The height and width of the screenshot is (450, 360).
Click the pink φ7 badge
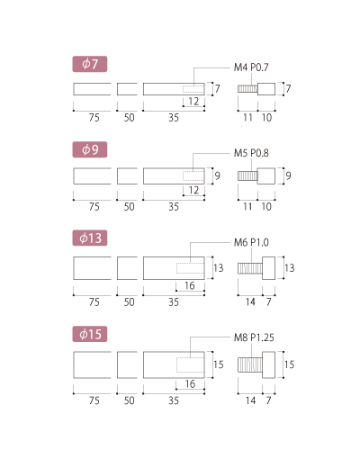90,64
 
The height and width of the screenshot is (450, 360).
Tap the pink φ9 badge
90,149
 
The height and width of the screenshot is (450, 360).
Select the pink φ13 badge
90,238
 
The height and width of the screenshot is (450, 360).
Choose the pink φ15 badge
90,334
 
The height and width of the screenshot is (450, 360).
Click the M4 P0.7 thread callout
251,67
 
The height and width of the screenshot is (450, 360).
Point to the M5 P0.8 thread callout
251,153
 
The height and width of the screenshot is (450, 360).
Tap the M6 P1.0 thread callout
251,242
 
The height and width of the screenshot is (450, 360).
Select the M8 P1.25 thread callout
254,337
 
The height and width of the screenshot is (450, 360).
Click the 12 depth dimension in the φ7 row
193,102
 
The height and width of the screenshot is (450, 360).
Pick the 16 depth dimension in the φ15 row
190,383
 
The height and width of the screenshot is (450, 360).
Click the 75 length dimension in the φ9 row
94,206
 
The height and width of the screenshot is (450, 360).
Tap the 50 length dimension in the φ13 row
129,301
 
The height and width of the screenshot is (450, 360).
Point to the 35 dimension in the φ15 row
174,400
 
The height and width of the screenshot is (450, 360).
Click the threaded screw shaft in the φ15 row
250,364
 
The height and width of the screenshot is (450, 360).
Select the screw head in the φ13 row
268,268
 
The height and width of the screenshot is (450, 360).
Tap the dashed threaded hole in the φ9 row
193,176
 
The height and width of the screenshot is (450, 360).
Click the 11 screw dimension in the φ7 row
247,117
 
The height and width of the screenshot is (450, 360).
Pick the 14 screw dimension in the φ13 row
250,301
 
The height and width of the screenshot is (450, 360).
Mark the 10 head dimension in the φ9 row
266,206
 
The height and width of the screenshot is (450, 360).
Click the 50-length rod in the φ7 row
127,89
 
